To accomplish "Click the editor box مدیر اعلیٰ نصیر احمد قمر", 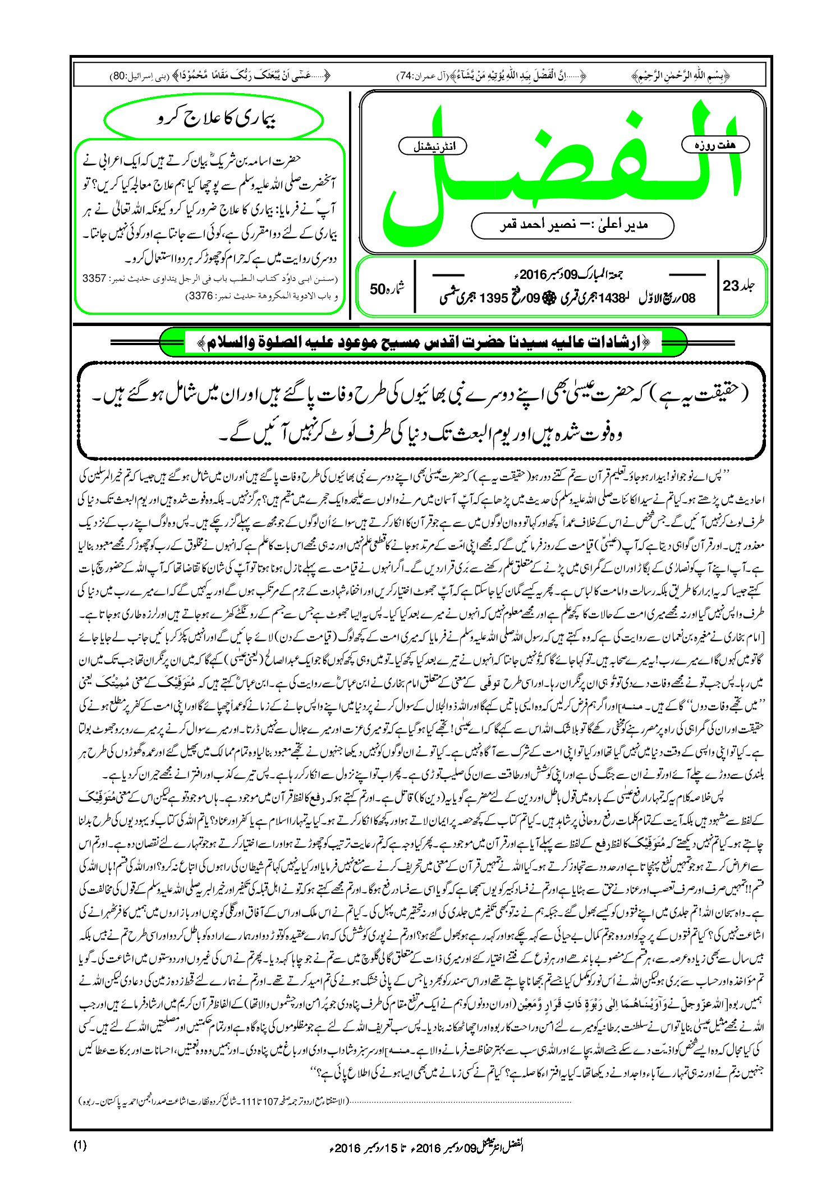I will pos(573,225).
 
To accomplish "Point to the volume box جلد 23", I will pos(738,286).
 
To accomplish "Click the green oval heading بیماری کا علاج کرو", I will pos(214,120).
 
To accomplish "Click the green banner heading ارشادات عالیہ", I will pos(423,341).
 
